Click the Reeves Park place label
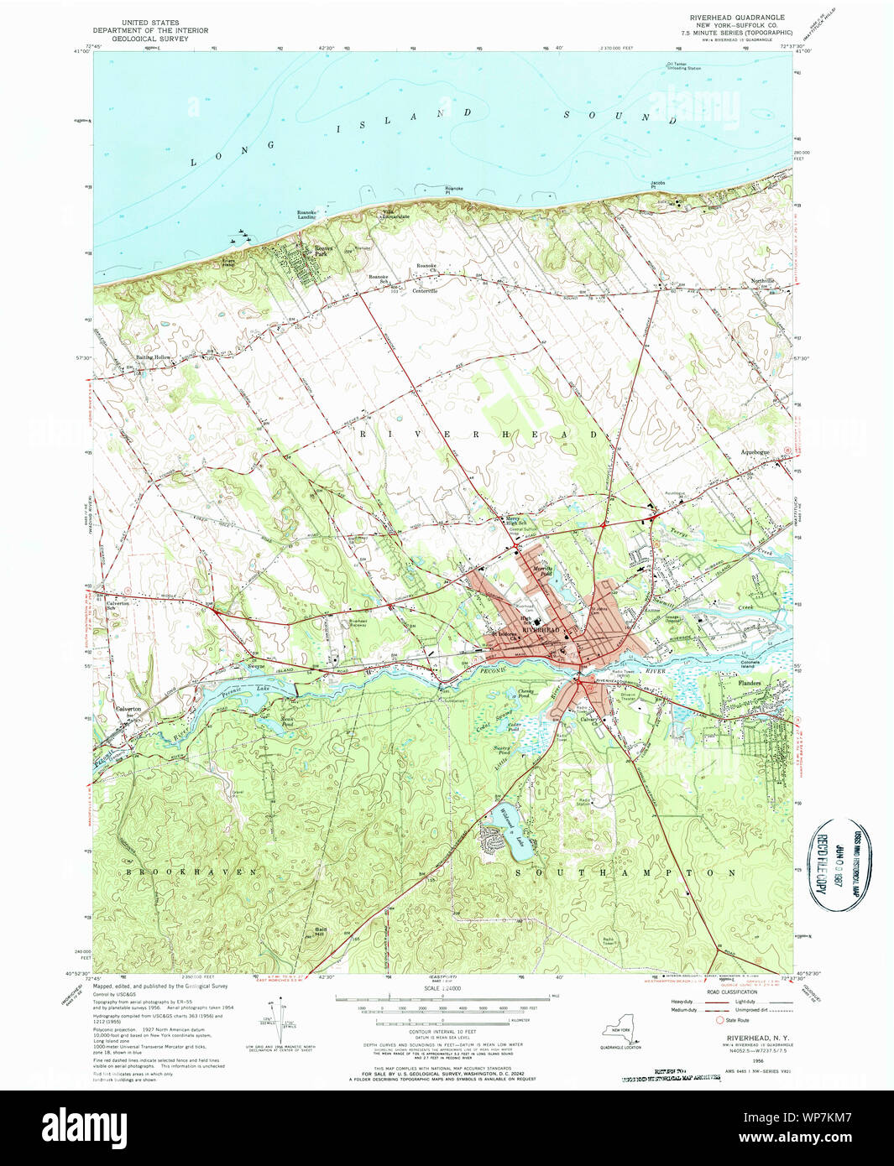pos(323,251)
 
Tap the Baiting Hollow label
pos(154,357)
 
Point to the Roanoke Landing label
pos(306,215)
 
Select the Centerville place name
pos(425,291)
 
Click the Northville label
pos(763,281)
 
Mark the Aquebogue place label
pos(755,452)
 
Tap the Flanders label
pos(750,683)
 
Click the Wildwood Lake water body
pos(514,834)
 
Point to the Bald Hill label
pos(321,931)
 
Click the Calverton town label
pos(128,709)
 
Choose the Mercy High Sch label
pos(513,521)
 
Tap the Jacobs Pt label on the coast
pos(658,184)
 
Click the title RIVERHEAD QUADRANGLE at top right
pos(737,18)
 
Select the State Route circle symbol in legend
pos(719,1020)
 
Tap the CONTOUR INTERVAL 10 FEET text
pos(442,1031)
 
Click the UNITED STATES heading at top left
pos(150,23)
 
